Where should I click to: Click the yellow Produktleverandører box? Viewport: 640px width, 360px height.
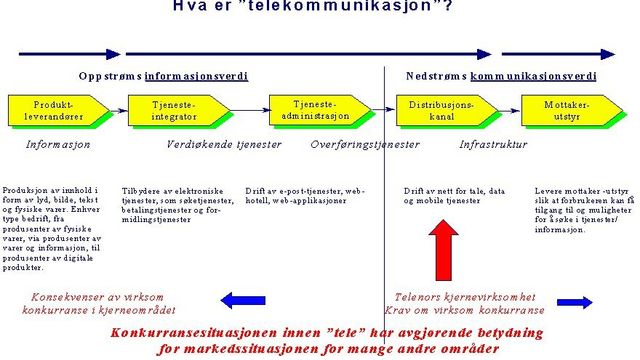[x=53, y=110]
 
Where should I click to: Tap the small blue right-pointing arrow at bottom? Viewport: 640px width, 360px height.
[x=574, y=302]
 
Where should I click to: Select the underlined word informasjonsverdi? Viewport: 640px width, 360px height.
[x=196, y=76]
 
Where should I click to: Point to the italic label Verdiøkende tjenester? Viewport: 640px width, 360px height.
[x=223, y=144]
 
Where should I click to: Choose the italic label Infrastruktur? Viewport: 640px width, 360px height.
[x=492, y=144]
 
